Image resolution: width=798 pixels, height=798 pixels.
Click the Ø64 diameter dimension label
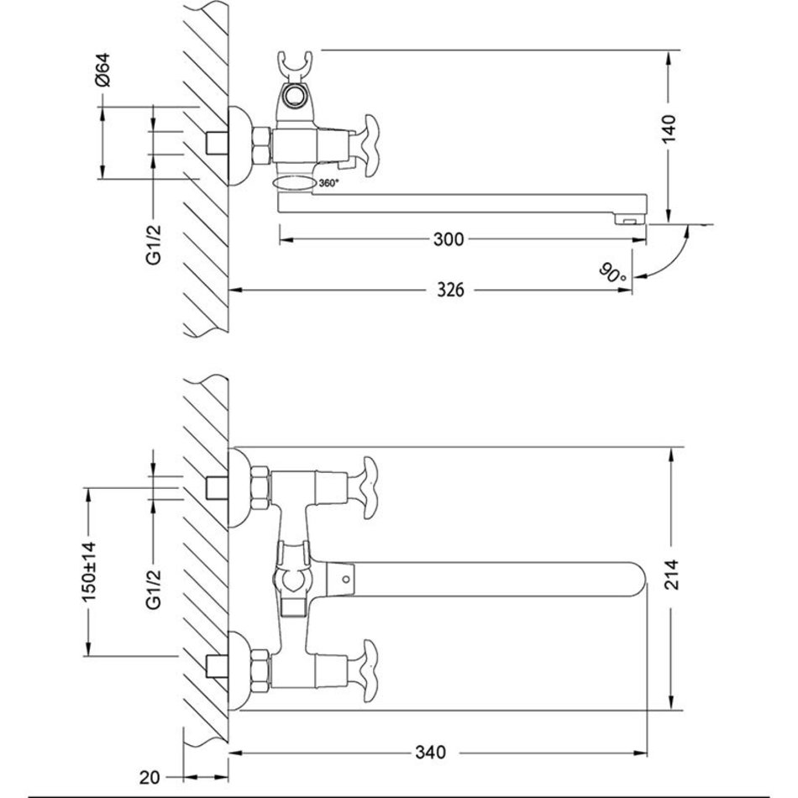point(102,70)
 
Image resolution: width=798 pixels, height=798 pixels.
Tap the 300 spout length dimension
point(449,239)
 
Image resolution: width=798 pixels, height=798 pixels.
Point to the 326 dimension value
point(451,290)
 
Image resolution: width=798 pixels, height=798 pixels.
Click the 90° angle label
point(613,273)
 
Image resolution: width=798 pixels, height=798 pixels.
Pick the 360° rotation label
point(328,183)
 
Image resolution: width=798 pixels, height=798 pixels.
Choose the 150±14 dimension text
point(90,571)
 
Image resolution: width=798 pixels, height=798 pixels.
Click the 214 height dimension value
point(673,575)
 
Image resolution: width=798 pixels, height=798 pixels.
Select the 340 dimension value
point(430,752)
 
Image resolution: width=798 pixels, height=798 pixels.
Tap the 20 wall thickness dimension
point(150,777)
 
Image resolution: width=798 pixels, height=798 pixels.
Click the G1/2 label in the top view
point(154,244)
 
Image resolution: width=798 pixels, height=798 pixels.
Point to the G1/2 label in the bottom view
point(154,589)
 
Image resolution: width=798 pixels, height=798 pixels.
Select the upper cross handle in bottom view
point(370,488)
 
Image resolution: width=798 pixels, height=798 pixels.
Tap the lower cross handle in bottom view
point(370,671)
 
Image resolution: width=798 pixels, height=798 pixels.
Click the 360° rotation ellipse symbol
point(295,183)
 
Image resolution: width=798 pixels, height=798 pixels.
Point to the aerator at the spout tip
point(630,220)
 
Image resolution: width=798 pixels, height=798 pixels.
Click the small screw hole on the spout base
point(346,579)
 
